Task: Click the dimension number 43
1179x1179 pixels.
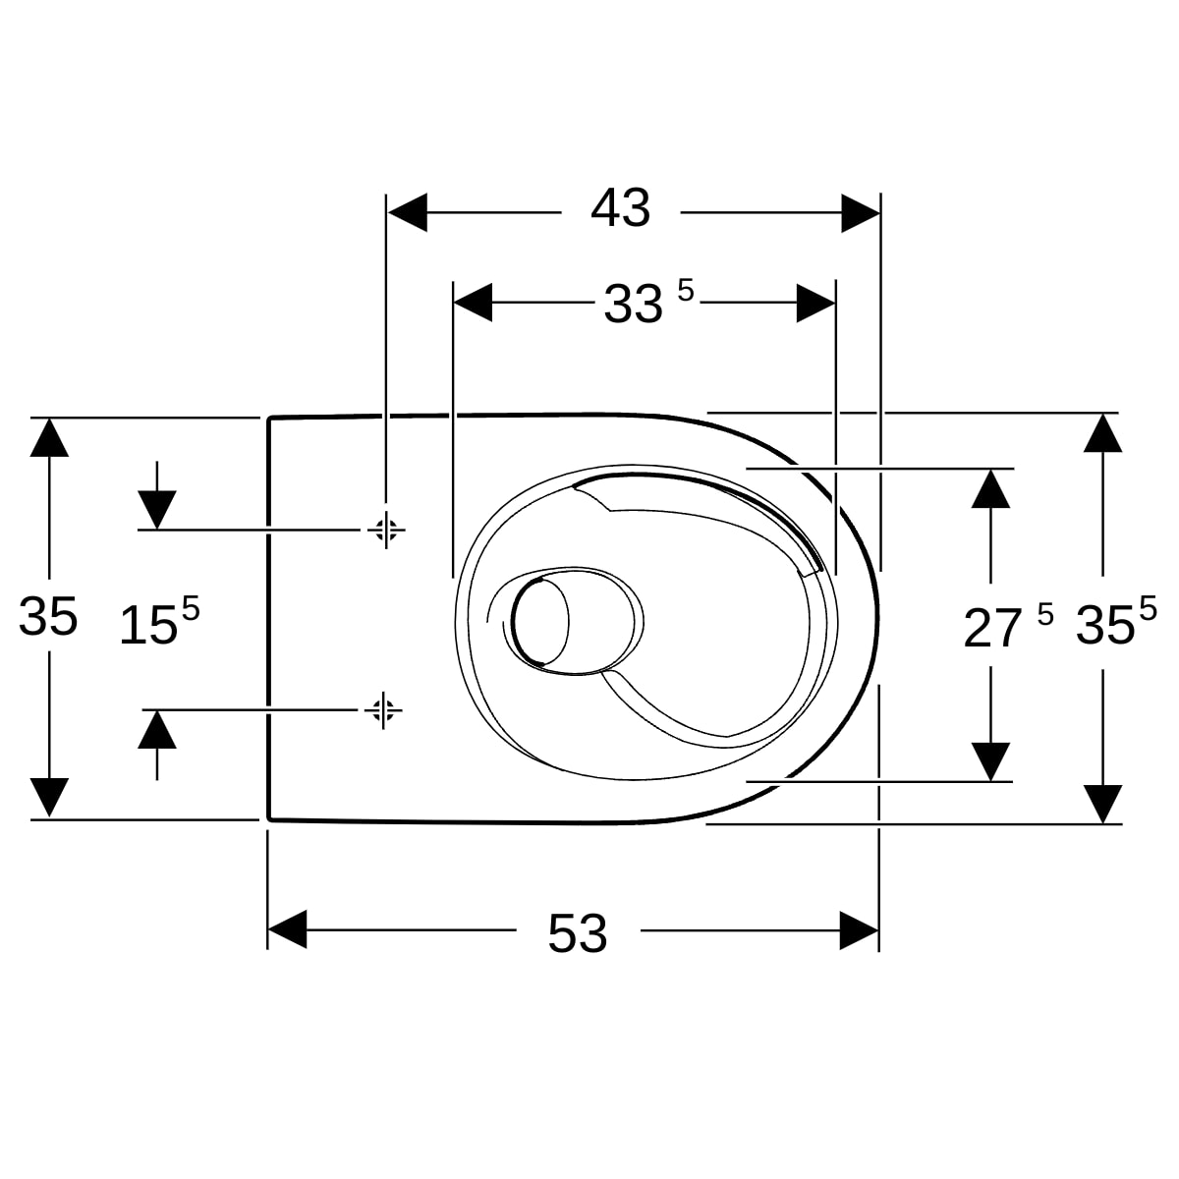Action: (x=620, y=208)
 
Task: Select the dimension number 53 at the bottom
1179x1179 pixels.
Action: (x=577, y=933)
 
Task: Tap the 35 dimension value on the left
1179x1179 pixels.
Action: (x=48, y=616)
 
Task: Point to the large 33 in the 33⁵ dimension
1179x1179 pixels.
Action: (x=634, y=304)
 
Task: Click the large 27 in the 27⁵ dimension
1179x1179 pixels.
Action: (x=992, y=629)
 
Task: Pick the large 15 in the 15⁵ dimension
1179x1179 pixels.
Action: (x=148, y=625)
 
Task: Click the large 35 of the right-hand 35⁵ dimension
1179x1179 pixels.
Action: (x=1105, y=625)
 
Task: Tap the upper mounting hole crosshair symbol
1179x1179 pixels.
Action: (x=386, y=530)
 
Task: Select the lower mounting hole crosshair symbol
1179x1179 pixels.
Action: (x=383, y=710)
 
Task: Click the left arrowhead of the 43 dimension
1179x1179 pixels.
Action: (x=408, y=213)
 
